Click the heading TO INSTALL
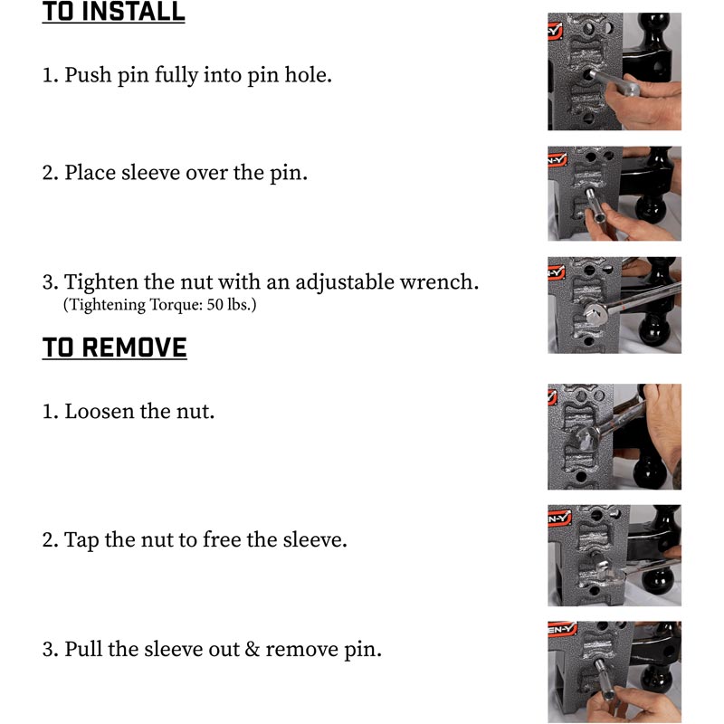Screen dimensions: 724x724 [x=114, y=12]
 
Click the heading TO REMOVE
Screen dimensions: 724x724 [x=115, y=348]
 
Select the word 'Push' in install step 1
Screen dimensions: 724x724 [x=88, y=75]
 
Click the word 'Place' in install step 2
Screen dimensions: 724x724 [x=90, y=173]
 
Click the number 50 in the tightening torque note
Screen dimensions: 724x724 [x=214, y=305]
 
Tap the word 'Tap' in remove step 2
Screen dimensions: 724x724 [x=81, y=539]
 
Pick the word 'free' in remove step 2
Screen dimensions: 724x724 [x=222, y=539]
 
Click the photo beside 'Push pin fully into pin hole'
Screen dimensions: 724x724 [x=614, y=71]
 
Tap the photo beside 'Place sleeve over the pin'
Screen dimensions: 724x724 [x=614, y=194]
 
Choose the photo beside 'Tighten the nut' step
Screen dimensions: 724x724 [x=614, y=305]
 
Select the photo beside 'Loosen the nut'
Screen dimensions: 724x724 [x=614, y=436]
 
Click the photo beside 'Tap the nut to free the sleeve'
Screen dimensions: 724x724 [x=614, y=556]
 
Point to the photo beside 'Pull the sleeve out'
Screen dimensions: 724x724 [x=614, y=672]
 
